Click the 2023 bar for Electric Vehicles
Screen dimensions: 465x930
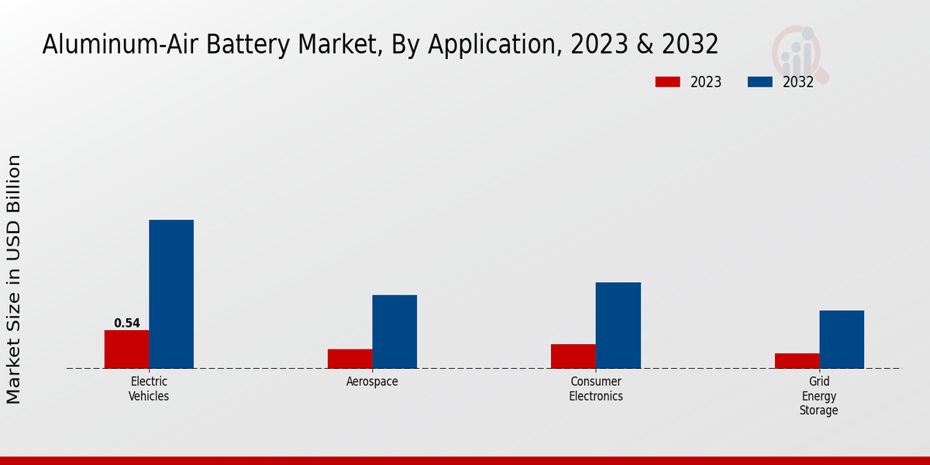pos(126,349)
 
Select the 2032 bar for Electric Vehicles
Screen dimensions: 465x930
pos(171,294)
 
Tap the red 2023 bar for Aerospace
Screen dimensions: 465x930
pos(350,358)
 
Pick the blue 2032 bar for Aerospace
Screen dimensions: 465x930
pos(394,331)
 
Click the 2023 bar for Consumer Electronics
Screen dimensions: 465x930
pos(573,356)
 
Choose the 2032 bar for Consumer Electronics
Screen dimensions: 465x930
pos(618,325)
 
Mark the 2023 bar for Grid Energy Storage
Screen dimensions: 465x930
pos(797,360)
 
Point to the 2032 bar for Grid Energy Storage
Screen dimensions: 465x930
pos(842,339)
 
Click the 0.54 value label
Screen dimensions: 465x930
pos(126,323)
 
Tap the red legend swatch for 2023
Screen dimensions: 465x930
pos(667,82)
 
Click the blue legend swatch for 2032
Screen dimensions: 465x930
pos(759,82)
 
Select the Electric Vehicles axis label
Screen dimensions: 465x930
pos(149,388)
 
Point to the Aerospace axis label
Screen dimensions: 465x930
pos(372,382)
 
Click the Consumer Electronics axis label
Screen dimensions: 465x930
pos(596,388)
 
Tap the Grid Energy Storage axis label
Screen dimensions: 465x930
pos(819,395)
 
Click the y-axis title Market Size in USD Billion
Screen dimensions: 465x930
pos(14,279)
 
